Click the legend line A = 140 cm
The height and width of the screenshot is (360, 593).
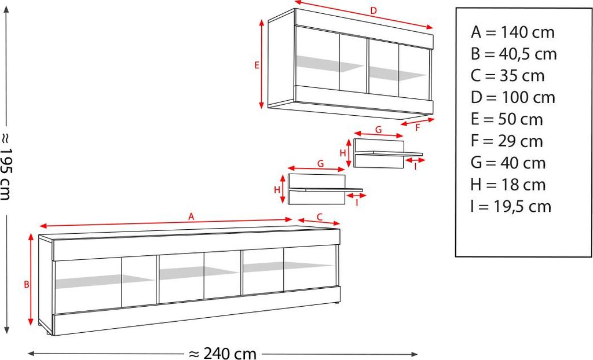(513, 32)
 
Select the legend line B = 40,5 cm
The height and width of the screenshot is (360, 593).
(514, 54)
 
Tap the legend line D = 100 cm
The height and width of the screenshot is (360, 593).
(513, 98)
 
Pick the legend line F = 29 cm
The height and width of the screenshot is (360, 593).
(507, 141)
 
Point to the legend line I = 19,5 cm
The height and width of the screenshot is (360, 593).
(511, 207)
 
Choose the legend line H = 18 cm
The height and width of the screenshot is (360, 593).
(508, 185)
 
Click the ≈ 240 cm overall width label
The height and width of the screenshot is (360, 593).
(222, 354)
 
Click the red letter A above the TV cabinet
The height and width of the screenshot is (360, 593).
(191, 216)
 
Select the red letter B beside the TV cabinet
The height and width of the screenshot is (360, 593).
(27, 284)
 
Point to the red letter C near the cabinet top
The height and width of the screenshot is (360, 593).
(320, 217)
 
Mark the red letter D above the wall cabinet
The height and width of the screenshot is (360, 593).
(374, 10)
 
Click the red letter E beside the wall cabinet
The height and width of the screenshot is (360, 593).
(257, 65)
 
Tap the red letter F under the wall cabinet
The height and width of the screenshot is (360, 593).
(418, 128)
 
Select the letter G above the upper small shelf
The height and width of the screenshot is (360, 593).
(379, 130)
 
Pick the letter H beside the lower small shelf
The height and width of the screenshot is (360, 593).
(277, 190)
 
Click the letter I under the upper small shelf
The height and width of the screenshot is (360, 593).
(415, 166)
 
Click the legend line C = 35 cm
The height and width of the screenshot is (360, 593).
(507, 76)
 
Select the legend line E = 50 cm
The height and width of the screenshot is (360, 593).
(507, 119)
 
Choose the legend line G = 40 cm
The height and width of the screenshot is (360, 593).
(508, 163)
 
